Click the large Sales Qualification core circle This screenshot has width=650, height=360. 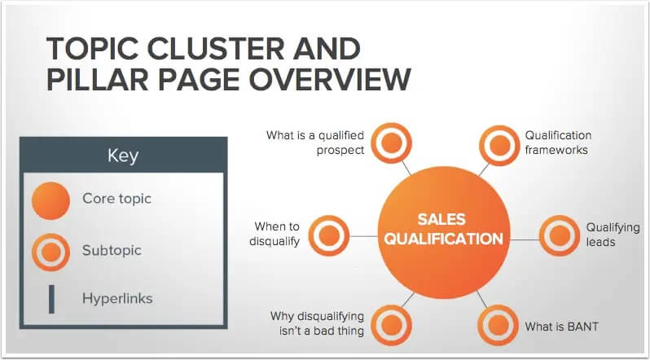click(444, 229)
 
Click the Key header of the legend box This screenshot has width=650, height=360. click(124, 156)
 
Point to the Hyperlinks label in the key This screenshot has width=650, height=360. click(116, 299)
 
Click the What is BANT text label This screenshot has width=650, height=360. click(561, 327)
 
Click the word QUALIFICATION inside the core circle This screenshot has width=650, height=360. click(444, 239)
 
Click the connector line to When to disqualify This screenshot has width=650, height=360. click(363, 236)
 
